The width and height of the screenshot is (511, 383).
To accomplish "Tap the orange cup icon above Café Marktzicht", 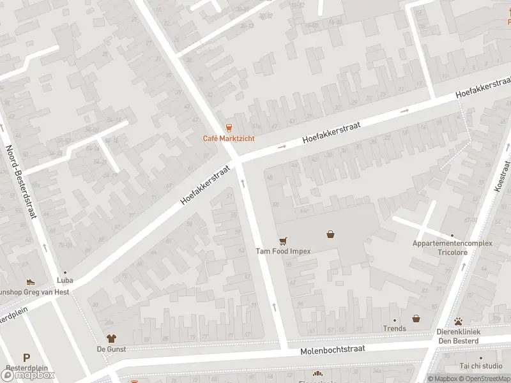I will pos(228,128).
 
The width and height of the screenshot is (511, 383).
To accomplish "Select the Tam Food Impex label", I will pos(283,251).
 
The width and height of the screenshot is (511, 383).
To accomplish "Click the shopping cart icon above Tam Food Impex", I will pos(283,241).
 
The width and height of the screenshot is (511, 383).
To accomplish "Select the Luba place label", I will pos(65,280).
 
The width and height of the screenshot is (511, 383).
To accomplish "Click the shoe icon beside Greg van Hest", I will pos(30,282).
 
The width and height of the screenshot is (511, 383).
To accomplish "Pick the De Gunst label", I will pos(111,349).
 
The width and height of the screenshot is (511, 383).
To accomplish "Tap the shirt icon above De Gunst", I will pos(111,338).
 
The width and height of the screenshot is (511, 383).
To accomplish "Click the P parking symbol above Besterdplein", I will pos(26,358).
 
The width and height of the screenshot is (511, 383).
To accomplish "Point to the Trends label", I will pos(394,329).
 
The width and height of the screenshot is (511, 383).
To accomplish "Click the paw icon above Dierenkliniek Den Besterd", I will pos(458,322).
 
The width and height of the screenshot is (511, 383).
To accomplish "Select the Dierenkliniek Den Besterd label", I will pos(458,336).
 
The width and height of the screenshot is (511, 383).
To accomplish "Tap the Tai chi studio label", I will pos(481,366).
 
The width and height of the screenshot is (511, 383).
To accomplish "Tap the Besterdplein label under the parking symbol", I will pos(24,368).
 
